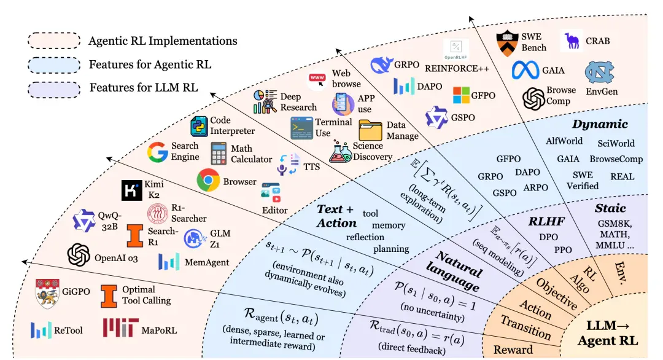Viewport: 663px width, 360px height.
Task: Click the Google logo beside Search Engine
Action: (x=158, y=152)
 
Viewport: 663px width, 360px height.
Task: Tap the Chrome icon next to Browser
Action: (x=208, y=180)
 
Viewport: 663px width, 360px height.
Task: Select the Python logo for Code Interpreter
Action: (x=199, y=126)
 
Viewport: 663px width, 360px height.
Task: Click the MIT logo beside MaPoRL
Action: (x=120, y=328)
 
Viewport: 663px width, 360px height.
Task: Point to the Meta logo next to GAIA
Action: (x=525, y=70)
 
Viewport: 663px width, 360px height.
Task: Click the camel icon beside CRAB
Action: (x=572, y=41)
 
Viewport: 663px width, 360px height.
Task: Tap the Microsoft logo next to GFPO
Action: (x=461, y=95)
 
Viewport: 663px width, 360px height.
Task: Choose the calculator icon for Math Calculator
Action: (x=219, y=153)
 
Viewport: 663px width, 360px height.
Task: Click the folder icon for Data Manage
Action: (x=370, y=130)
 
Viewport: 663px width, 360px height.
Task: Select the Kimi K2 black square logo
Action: (x=132, y=190)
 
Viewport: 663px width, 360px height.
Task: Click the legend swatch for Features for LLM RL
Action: (x=54, y=90)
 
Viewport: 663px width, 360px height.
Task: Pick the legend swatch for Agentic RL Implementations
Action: (x=54, y=41)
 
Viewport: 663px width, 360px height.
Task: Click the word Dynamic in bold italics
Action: (x=600, y=124)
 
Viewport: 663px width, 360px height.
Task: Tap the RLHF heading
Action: (x=546, y=221)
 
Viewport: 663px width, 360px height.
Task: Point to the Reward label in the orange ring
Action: (x=513, y=350)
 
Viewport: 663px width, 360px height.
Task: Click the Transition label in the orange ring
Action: (x=526, y=327)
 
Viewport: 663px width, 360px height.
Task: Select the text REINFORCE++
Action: (x=457, y=69)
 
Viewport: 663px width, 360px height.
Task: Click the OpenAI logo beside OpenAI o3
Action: (x=79, y=255)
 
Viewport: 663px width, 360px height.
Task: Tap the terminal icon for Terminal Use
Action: (x=302, y=128)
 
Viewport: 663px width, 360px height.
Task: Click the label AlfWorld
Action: (x=564, y=141)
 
